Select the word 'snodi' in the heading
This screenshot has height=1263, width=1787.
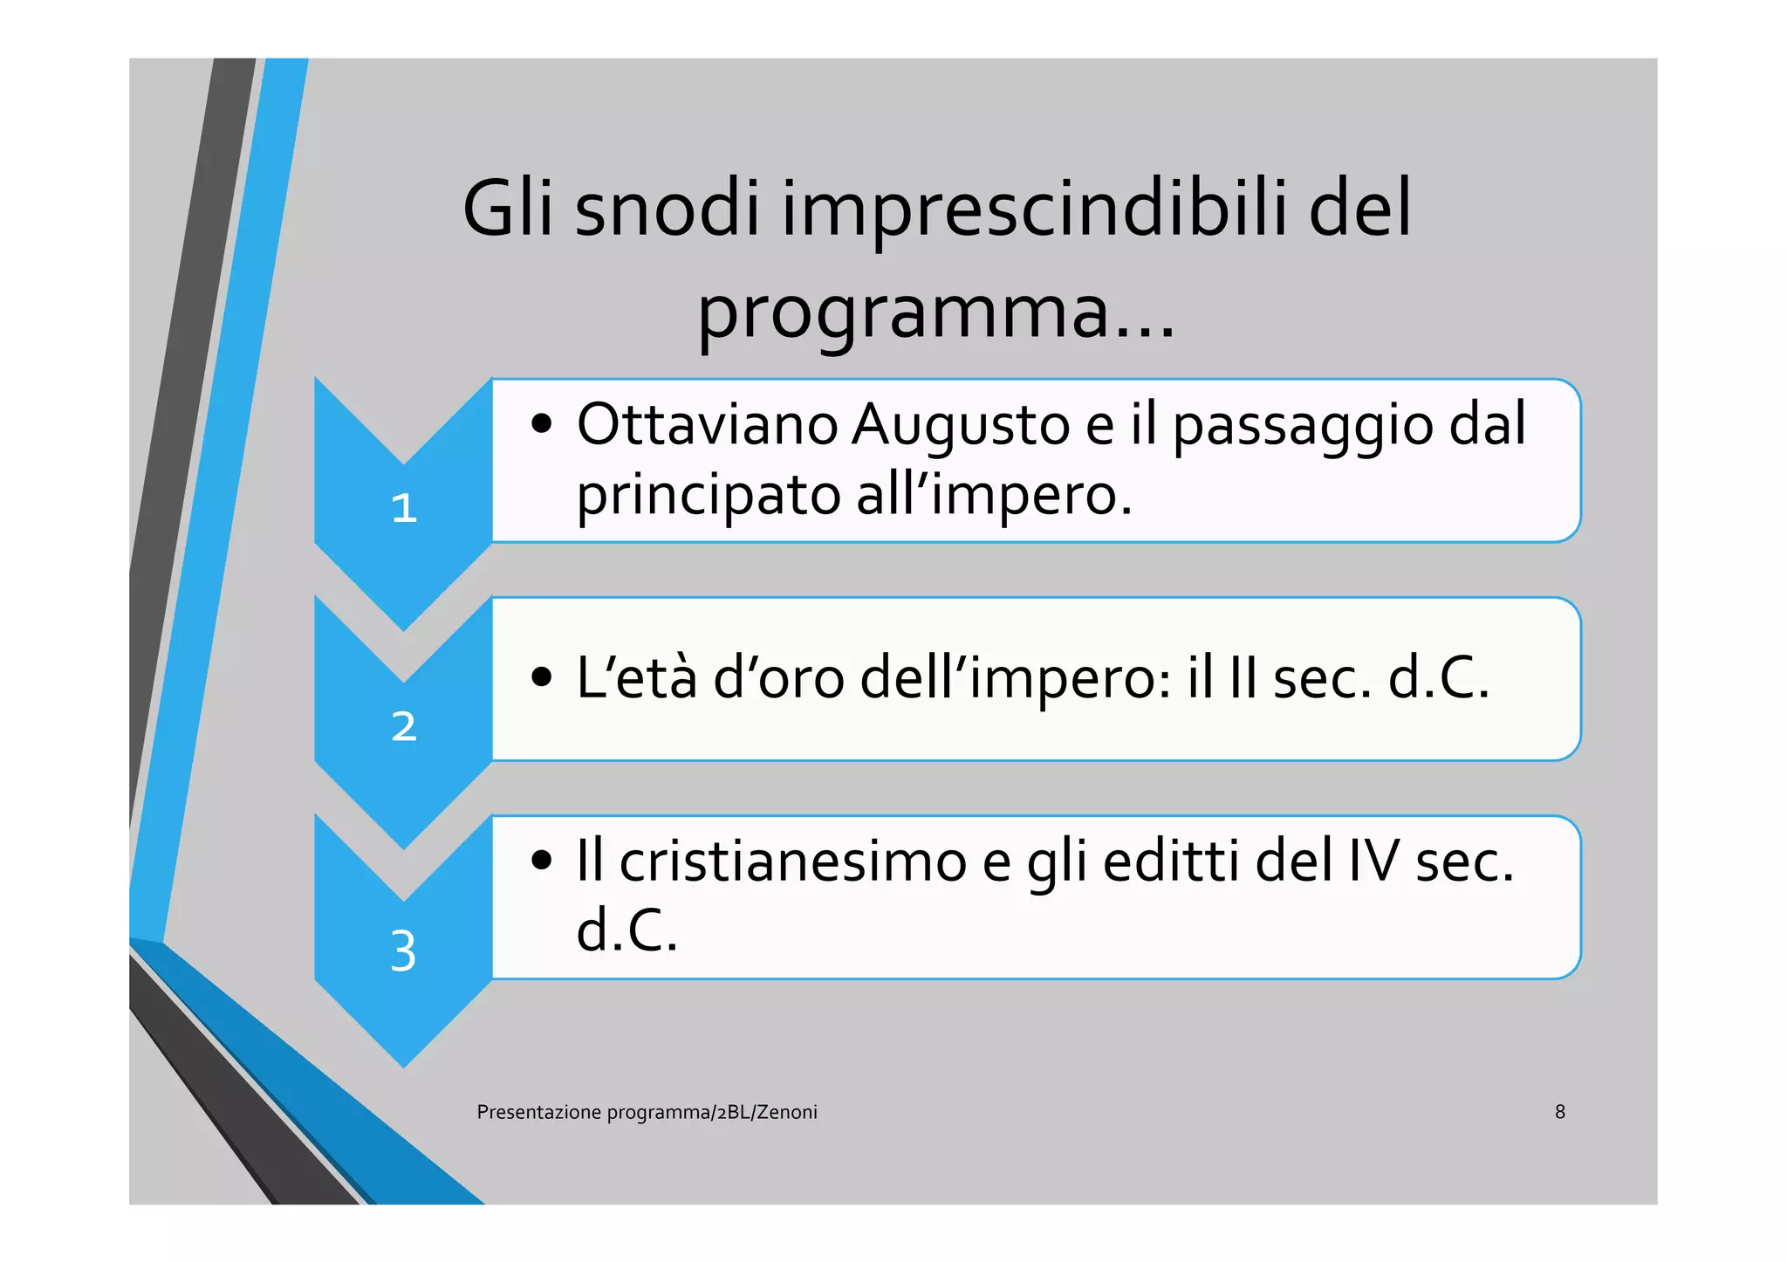click(x=668, y=209)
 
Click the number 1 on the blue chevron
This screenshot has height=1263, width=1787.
click(x=404, y=508)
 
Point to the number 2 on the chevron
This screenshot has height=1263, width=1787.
click(x=404, y=726)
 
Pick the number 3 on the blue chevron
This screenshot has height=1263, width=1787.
click(x=403, y=951)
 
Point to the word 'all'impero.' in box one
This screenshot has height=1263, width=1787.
click(x=994, y=494)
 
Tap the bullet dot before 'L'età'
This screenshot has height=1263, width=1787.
click(x=542, y=677)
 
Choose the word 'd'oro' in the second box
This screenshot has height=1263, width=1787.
click(x=778, y=677)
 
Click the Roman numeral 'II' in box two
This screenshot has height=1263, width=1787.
click(x=1242, y=677)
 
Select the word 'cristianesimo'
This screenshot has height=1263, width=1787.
click(x=793, y=861)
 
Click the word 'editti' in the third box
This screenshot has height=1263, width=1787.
click(x=1172, y=861)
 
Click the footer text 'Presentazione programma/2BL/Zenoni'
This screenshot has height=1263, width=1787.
click(x=647, y=1112)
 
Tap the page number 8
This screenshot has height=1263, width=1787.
click(x=1560, y=1112)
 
